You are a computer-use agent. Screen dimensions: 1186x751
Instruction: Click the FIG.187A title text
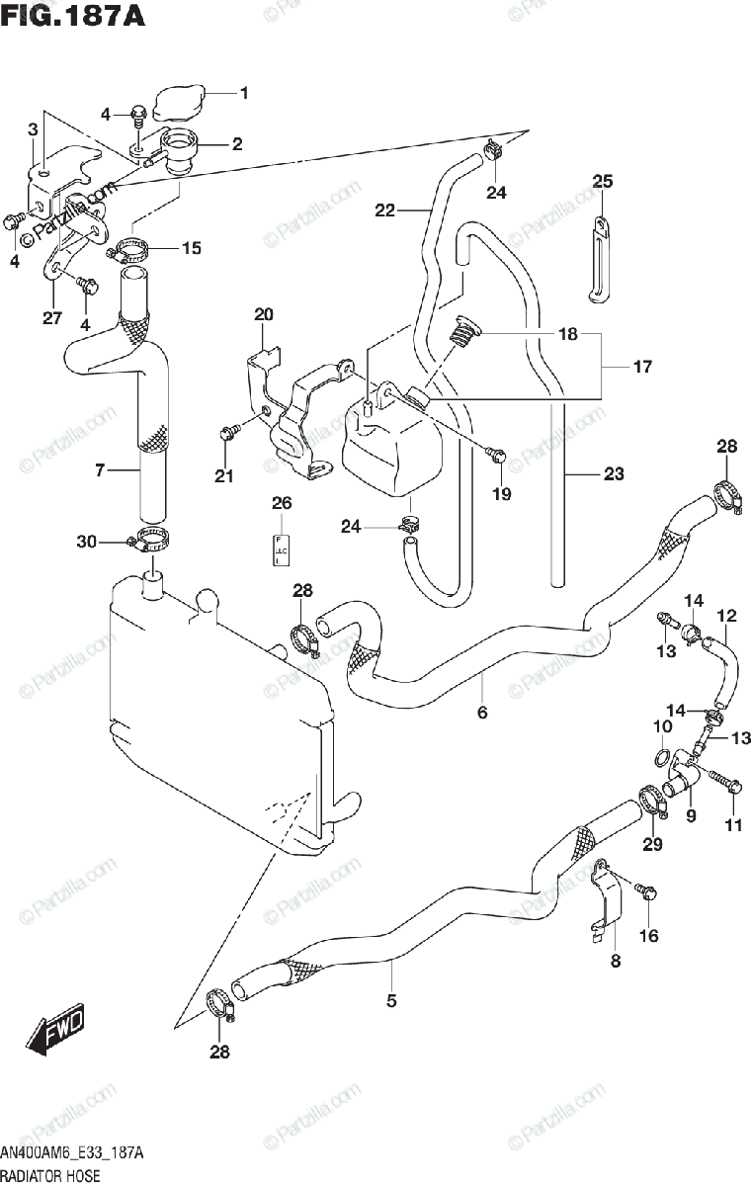click(72, 17)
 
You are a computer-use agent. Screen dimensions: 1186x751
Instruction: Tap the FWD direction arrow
click(56, 1031)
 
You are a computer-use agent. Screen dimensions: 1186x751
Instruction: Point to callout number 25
click(603, 181)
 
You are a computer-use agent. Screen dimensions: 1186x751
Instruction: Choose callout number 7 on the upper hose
click(100, 470)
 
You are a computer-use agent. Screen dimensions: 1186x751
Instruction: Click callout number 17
click(642, 368)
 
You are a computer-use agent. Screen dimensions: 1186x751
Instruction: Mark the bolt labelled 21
click(228, 432)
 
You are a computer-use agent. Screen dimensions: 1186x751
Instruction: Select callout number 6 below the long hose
click(482, 712)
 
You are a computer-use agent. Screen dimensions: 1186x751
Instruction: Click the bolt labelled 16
click(645, 891)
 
